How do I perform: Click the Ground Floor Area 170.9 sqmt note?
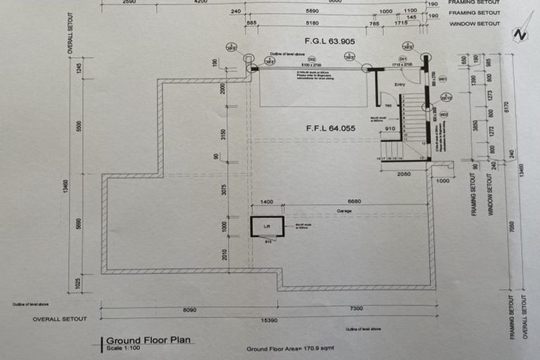click(289, 349)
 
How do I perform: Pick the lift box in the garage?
click(267, 226)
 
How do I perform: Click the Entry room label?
click(400, 84)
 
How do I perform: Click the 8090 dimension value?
click(190, 309)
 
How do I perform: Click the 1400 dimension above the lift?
click(266, 201)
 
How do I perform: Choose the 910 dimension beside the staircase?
click(390, 129)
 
